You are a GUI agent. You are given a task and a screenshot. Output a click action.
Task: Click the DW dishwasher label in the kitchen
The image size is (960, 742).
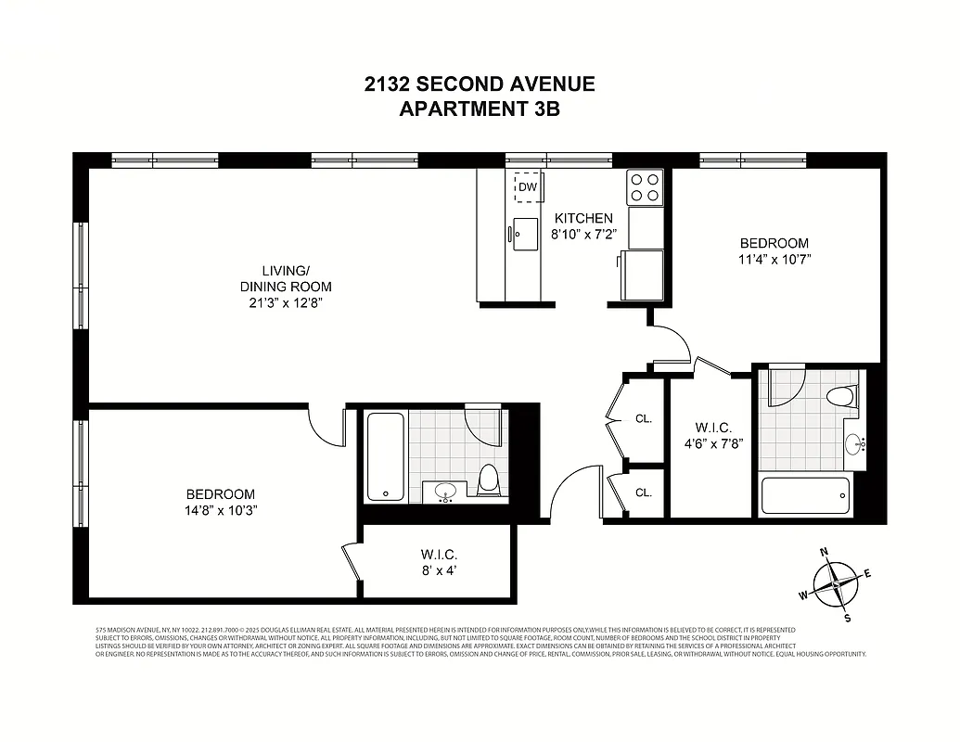point(528,187)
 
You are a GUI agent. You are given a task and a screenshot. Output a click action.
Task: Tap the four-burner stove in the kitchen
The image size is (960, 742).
point(645,187)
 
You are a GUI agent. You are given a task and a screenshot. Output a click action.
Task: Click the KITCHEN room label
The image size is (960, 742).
point(583,218)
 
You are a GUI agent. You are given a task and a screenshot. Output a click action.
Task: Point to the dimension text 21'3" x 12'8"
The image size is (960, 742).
point(285,302)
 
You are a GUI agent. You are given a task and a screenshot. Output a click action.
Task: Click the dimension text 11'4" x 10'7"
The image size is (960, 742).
point(774,260)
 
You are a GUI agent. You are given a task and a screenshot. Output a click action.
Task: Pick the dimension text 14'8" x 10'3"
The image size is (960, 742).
point(220,510)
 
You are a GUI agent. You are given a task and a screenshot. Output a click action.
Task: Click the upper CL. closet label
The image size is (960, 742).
point(644,418)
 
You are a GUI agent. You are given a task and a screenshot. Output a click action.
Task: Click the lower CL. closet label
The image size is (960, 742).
point(644,493)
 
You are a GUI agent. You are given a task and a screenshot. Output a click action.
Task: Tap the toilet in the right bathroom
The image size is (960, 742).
point(839,397)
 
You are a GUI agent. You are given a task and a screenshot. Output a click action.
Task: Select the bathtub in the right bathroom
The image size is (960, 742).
point(804,497)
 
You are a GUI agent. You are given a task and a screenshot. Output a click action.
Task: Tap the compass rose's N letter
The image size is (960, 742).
point(824,553)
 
